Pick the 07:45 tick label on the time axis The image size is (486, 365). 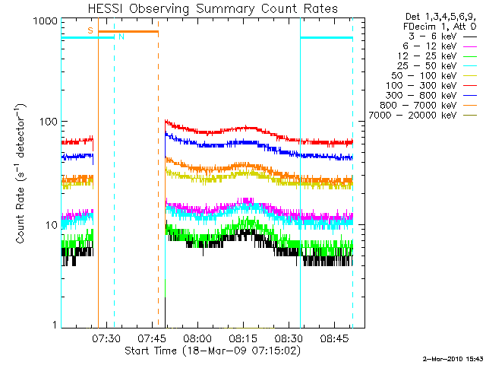coord(153,338)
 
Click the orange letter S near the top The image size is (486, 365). coord(90,30)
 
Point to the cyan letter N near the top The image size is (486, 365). coord(121,36)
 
